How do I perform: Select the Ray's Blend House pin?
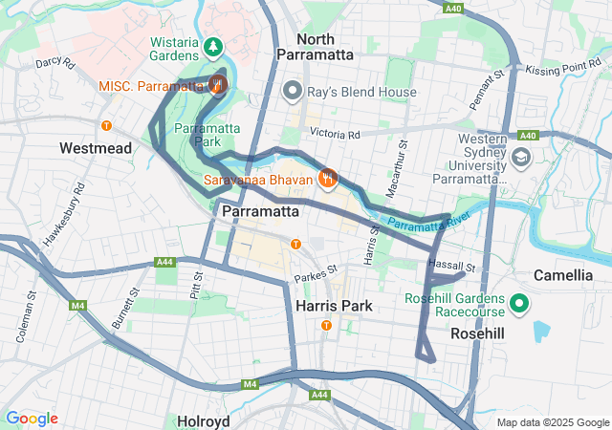point(293,92)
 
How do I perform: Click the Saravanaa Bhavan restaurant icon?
point(328,178)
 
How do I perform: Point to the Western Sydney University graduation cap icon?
point(521,157)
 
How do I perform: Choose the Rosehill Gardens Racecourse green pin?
point(519,304)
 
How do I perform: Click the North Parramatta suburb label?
point(315,47)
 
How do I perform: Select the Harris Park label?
point(335,306)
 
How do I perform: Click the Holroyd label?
point(202,420)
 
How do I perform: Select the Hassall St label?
point(452,266)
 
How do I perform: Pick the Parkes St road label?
point(317,270)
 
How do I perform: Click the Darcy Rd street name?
point(55,63)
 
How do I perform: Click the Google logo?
point(32,418)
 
